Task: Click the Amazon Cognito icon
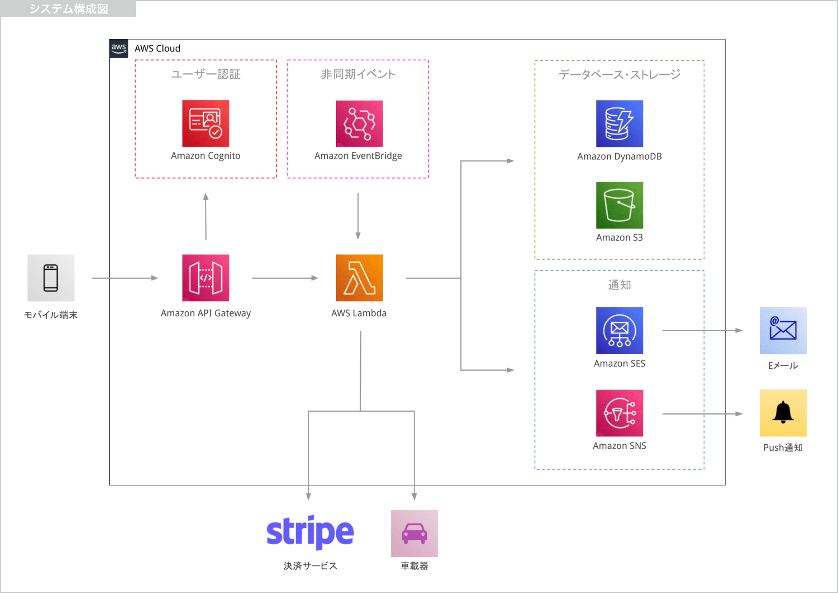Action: point(206,123)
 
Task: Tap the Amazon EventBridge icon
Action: point(359,124)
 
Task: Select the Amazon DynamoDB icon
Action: point(619,124)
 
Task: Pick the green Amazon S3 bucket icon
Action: point(619,205)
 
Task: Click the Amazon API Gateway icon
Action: point(206,278)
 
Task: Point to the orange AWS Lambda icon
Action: point(359,278)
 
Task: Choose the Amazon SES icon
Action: point(619,330)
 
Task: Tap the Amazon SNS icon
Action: point(619,413)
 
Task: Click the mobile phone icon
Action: point(51,278)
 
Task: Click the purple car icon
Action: point(414,533)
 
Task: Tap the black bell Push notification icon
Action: point(783,413)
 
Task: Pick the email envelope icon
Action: point(783,330)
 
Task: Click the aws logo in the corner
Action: point(119,48)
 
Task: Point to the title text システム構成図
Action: point(68,9)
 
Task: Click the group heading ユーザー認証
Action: point(206,74)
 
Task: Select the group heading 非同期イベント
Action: point(358,74)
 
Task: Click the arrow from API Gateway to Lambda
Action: point(285,278)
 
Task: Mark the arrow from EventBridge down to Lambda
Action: point(358,216)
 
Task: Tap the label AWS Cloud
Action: point(157,49)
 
